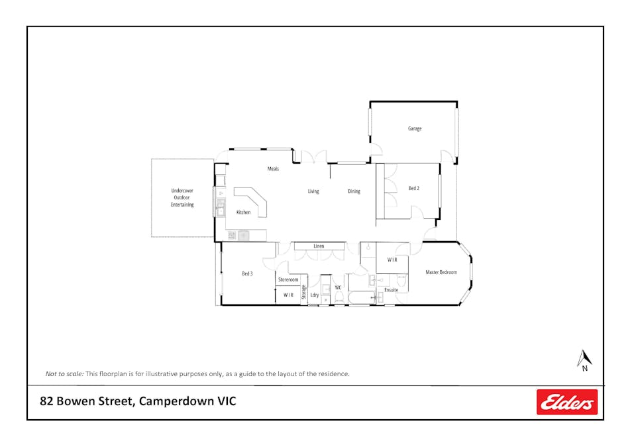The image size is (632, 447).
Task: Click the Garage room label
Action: (414, 128)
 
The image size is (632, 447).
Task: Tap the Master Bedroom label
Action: (441, 272)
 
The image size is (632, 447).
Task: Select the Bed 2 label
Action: (414, 188)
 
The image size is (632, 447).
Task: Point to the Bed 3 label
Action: (247, 273)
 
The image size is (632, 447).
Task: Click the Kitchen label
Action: (243, 212)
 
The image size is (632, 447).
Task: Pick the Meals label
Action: (273, 168)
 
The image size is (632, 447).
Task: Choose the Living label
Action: (313, 191)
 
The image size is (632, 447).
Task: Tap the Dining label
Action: (354, 191)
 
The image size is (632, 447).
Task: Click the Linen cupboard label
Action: (319, 246)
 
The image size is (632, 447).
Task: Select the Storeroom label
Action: (288, 279)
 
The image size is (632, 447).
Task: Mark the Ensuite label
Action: (391, 290)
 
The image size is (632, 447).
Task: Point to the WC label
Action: (338, 287)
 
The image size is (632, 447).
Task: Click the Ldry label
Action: (315, 295)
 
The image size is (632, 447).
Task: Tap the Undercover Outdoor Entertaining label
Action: (182, 197)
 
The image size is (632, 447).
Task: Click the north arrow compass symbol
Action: (584, 360)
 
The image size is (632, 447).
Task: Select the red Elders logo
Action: (566, 402)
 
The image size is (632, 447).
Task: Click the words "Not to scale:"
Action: (64, 373)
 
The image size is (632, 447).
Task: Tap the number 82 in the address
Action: (46, 401)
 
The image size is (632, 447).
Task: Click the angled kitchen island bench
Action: (252, 201)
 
